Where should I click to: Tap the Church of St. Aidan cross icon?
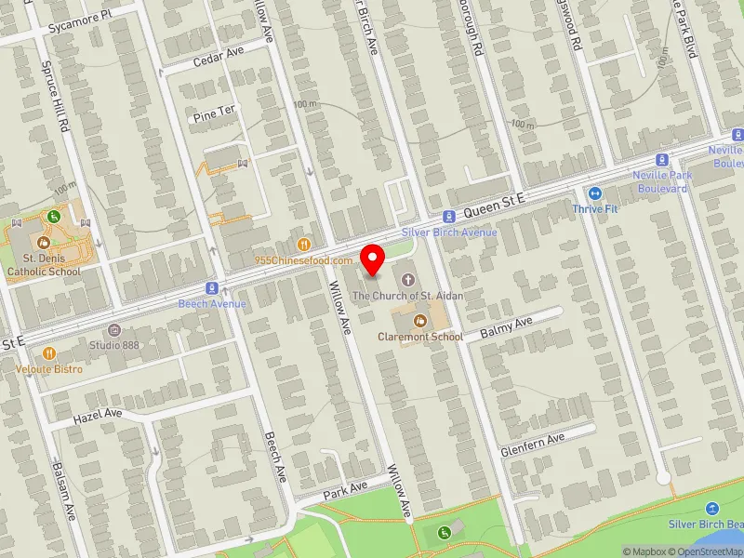tap(407, 279)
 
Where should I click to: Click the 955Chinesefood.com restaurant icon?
tap(303, 245)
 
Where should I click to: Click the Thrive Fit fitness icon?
tap(595, 193)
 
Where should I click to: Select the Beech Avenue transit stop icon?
tap(213, 288)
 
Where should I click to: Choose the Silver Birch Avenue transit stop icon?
tap(448, 216)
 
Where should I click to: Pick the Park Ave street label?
tap(346, 488)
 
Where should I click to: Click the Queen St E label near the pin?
tap(496, 198)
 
